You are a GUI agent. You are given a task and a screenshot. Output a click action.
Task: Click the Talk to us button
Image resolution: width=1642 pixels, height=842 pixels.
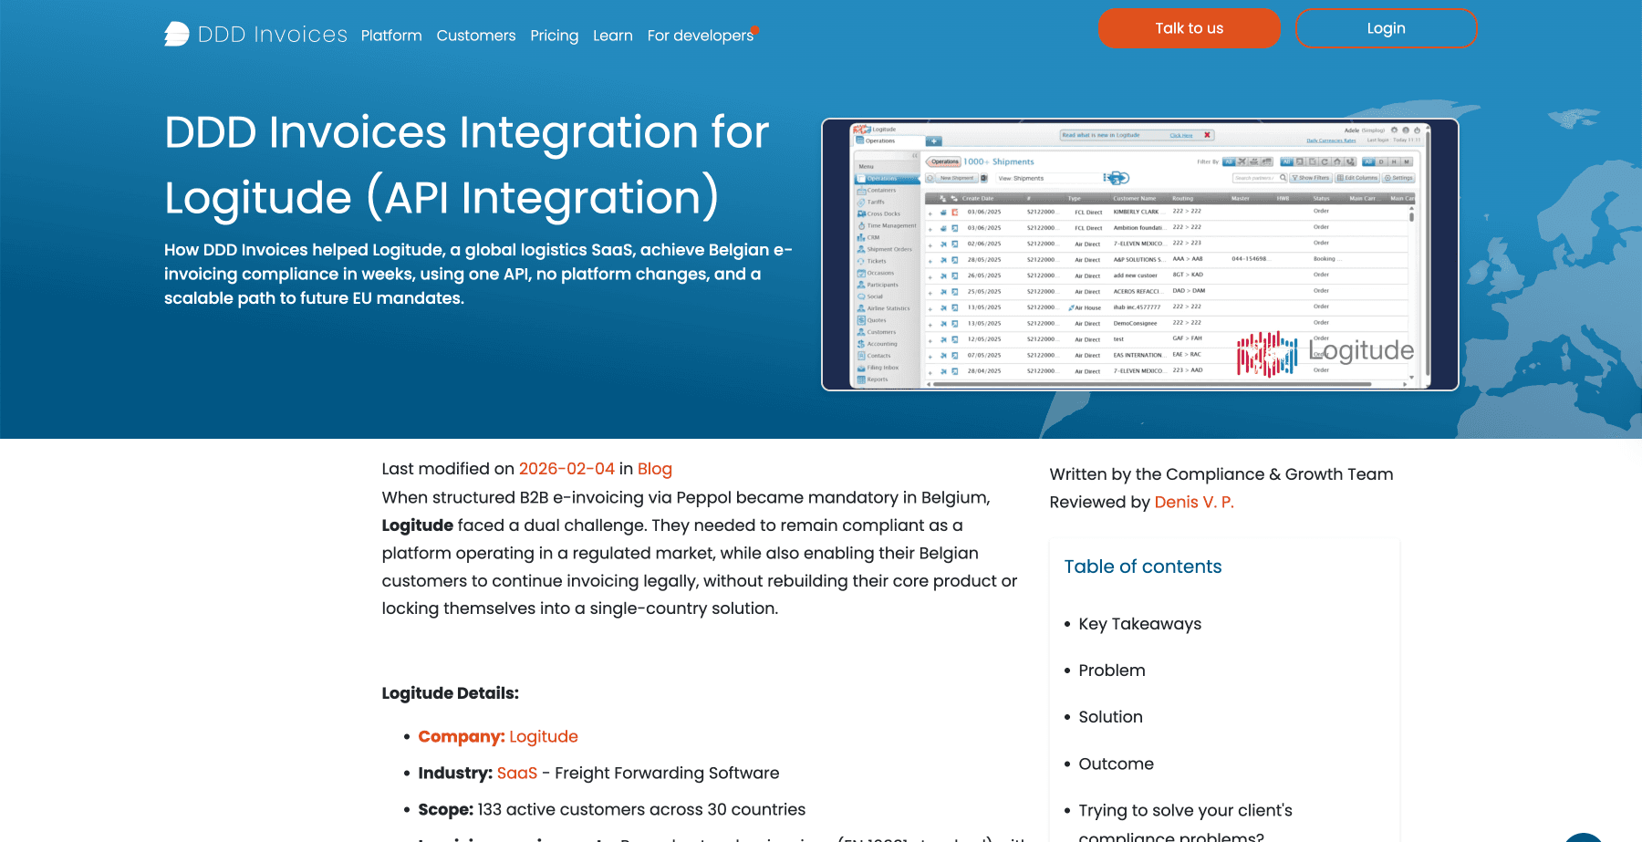(1189, 28)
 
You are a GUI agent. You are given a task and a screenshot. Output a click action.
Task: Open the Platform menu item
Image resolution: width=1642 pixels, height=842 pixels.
(391, 36)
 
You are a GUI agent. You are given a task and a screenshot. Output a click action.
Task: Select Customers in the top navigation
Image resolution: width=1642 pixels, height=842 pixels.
(476, 36)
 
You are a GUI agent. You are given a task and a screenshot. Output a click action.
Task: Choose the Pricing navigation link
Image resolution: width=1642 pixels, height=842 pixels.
(555, 36)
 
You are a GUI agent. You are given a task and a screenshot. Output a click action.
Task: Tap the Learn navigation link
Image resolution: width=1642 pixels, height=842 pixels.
(613, 36)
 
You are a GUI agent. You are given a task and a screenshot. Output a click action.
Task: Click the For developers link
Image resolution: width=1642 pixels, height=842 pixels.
(701, 36)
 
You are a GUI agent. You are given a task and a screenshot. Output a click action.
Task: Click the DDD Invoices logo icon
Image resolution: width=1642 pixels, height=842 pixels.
(177, 35)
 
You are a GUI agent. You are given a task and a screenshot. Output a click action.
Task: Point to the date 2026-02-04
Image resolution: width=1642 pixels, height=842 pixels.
(566, 469)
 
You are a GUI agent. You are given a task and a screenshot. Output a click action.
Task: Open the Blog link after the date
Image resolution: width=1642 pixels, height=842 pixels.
(655, 469)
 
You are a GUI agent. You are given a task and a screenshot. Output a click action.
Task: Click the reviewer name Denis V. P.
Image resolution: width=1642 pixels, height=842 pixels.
(1194, 502)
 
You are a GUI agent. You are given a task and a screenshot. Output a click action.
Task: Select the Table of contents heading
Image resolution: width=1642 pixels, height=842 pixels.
(1143, 567)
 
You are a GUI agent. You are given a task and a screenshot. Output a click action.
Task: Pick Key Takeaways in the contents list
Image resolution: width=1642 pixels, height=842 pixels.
(1140, 624)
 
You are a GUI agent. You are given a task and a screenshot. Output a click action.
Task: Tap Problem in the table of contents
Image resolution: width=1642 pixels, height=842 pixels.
(1112, 670)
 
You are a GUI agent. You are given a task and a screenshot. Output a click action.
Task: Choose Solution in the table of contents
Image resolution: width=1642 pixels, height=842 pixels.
(1111, 717)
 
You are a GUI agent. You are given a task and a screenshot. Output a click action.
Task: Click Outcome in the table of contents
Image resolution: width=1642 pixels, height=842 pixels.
(1117, 764)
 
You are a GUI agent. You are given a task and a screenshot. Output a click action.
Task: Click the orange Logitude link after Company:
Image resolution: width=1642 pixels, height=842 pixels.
(544, 736)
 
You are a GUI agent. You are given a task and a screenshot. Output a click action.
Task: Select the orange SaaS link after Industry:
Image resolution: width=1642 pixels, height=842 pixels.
(517, 773)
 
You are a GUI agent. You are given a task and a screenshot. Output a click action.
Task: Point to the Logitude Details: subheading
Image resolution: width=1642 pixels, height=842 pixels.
(451, 693)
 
